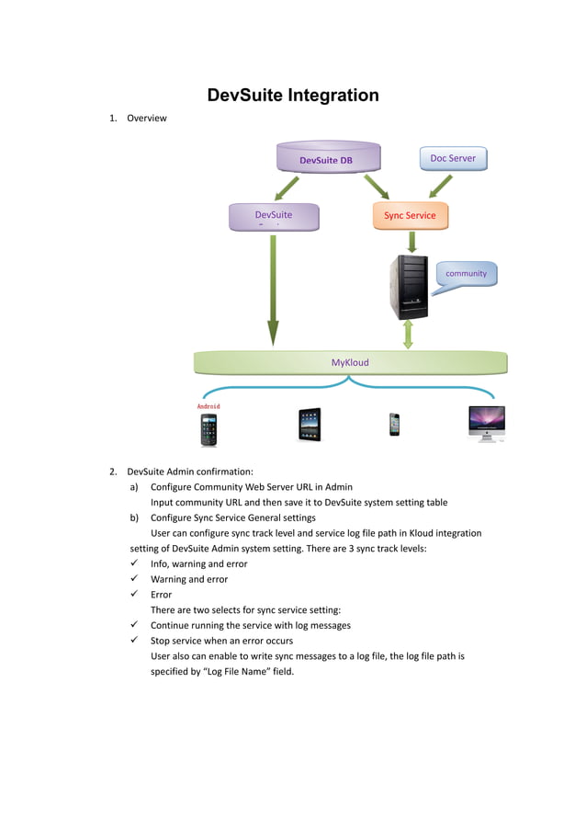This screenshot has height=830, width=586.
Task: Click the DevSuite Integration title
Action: pyautogui.click(x=293, y=96)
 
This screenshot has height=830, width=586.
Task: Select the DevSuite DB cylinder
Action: pyautogui.click(x=326, y=158)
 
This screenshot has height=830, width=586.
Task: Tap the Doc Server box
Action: pyautogui.click(x=453, y=158)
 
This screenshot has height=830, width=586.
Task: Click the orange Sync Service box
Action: pyautogui.click(x=410, y=216)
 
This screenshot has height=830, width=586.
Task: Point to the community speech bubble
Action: pyautogui.click(x=465, y=274)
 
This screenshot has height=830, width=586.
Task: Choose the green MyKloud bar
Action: pyautogui.click(x=350, y=362)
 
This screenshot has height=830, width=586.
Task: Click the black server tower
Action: pyautogui.click(x=409, y=286)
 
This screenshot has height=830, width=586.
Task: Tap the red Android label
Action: pyautogui.click(x=208, y=405)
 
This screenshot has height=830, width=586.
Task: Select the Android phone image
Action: pyautogui.click(x=209, y=429)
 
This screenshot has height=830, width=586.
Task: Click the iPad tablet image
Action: pyautogui.click(x=310, y=425)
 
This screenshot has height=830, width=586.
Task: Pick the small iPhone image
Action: pyautogui.click(x=394, y=424)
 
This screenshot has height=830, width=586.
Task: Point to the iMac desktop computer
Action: pyautogui.click(x=486, y=423)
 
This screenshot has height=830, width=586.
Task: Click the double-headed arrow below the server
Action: pyautogui.click(x=408, y=333)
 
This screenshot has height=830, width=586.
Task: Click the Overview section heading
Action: pyautogui.click(x=146, y=118)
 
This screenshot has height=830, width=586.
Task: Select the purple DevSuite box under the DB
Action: pyautogui.click(x=274, y=216)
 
